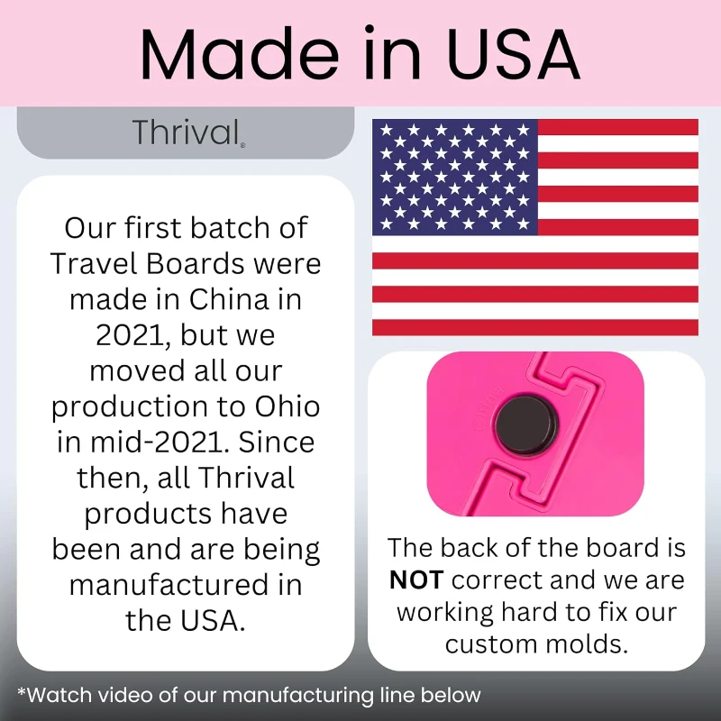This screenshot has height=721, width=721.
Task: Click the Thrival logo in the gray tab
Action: [185, 132]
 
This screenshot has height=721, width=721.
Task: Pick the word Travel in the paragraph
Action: [91, 262]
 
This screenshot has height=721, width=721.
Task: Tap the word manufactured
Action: [185, 585]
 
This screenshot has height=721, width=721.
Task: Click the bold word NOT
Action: [415, 580]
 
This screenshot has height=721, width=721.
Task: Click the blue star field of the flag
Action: [455, 177]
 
